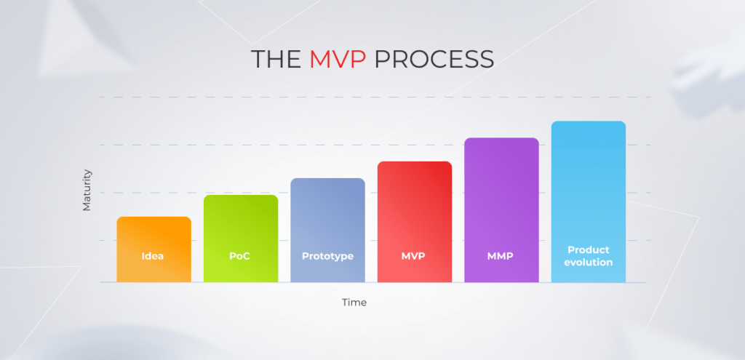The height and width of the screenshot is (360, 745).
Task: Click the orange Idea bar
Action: [154, 249]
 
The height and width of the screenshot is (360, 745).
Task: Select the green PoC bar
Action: [241, 239]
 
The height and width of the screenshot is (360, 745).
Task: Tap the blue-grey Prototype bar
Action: [328, 231]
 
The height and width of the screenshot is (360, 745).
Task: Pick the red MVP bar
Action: [415, 222]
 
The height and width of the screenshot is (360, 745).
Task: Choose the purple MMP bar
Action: [502, 210]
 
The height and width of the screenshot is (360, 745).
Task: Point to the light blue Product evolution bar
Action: [589, 202]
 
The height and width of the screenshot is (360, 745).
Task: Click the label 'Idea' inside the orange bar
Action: [153, 256]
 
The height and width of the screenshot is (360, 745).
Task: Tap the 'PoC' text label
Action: [239, 256]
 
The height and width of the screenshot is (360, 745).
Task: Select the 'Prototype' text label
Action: [328, 257]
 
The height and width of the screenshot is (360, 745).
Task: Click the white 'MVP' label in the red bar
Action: [413, 256]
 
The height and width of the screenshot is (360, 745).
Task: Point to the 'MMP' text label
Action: [501, 256]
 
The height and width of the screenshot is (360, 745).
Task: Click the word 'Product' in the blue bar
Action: [589, 249]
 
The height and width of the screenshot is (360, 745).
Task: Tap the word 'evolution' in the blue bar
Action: [589, 262]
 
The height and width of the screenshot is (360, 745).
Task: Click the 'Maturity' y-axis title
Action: [87, 190]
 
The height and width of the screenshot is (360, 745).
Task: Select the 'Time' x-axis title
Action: [354, 303]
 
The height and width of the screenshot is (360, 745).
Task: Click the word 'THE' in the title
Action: [276, 60]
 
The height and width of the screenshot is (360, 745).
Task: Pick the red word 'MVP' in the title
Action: [338, 60]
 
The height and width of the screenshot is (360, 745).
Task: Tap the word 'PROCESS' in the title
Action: [434, 60]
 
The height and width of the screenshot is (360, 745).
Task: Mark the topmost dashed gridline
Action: [375, 97]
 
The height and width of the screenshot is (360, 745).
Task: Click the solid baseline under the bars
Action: [373, 283]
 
